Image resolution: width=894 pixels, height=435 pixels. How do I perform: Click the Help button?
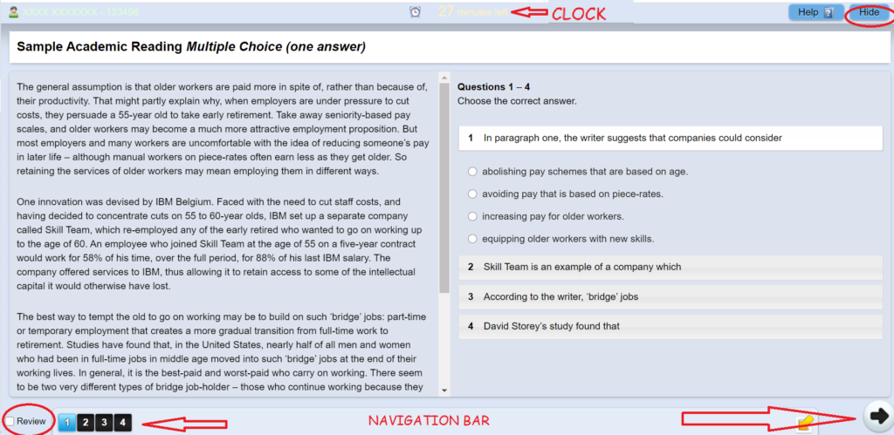(816, 13)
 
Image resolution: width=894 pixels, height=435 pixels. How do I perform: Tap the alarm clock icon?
(415, 12)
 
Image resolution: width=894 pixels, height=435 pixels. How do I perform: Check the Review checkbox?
(10, 422)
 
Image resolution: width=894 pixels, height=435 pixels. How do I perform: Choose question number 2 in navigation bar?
(86, 423)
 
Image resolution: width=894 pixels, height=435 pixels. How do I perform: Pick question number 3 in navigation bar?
(105, 423)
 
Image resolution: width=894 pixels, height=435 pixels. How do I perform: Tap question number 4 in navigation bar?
(123, 423)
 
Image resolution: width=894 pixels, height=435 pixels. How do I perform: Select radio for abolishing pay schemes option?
(472, 172)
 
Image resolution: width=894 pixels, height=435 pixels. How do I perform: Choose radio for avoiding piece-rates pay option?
(472, 194)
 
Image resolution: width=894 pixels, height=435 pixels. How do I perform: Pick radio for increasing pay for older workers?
(472, 216)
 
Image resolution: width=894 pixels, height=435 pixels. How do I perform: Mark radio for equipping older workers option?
(472, 239)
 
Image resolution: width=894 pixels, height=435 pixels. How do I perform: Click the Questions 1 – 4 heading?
(493, 87)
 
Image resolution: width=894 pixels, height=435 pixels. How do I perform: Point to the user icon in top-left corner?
(13, 13)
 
